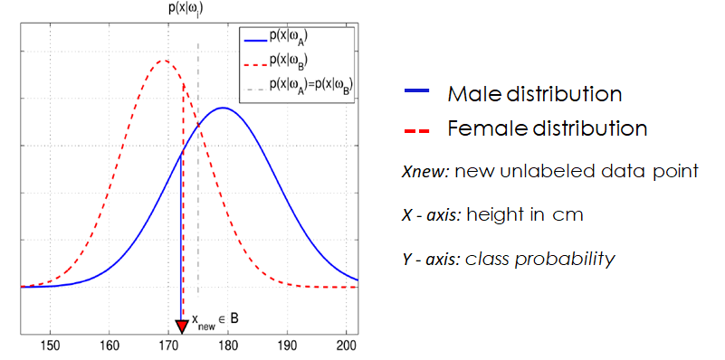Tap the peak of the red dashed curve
[x=164, y=61]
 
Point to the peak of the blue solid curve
[x=223, y=108]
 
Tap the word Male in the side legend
[x=471, y=94]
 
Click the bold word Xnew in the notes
[x=423, y=170]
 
